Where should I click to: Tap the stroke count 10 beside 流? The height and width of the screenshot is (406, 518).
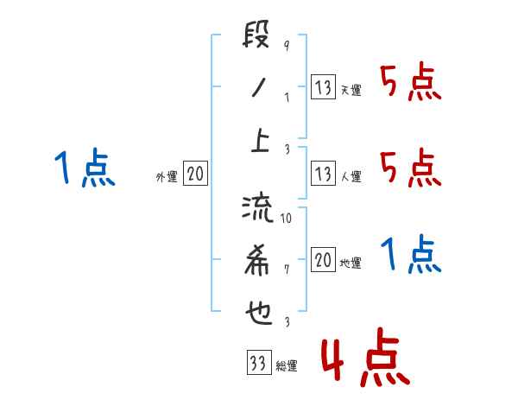coord(287,219)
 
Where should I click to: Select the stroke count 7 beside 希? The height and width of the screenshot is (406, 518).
coord(286,269)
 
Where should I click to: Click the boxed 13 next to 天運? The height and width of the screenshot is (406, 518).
coord(323,87)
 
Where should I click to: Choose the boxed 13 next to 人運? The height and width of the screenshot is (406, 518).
coord(323,174)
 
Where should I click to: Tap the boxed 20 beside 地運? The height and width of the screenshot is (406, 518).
coord(323,260)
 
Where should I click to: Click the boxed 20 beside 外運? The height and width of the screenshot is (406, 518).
coord(194,174)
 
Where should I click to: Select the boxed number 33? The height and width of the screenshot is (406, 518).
coord(257,363)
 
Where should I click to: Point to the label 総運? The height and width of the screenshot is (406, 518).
coord(286,366)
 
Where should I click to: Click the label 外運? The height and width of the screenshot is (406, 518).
coord(166,177)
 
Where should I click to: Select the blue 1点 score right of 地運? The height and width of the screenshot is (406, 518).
coord(411,255)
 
